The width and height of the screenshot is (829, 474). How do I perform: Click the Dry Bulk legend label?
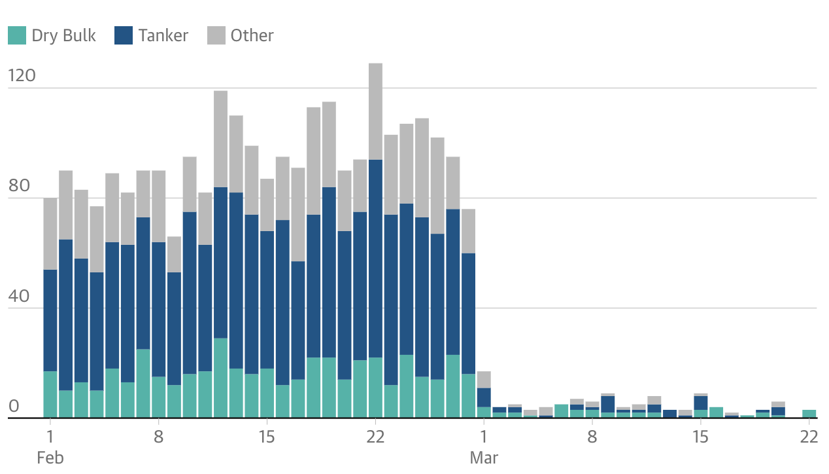63,35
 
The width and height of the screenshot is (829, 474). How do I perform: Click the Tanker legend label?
163,35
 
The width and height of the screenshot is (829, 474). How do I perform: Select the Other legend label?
252,35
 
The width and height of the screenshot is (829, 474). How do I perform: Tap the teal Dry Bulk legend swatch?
17,35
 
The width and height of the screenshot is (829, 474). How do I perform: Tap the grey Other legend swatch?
216,35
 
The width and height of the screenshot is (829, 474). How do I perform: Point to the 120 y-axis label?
22,76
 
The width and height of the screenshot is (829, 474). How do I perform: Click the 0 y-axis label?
14,406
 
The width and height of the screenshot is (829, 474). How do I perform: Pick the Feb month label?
50,457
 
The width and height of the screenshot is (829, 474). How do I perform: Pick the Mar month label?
484,457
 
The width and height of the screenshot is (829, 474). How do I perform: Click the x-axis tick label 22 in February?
375,437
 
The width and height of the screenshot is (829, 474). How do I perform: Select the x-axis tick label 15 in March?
700,437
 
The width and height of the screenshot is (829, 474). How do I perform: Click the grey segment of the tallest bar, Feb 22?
375,111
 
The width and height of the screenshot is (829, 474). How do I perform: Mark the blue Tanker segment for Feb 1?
50,320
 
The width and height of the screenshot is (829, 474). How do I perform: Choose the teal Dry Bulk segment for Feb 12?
221,378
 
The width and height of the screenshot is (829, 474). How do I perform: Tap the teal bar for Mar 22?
809,414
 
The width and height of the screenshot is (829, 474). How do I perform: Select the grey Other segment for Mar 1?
484,380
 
